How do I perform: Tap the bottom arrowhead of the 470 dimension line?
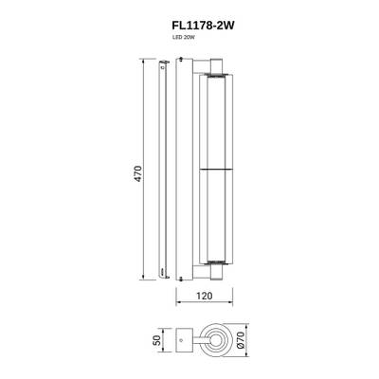(x=145, y=279)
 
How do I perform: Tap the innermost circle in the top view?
(x=217, y=340)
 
